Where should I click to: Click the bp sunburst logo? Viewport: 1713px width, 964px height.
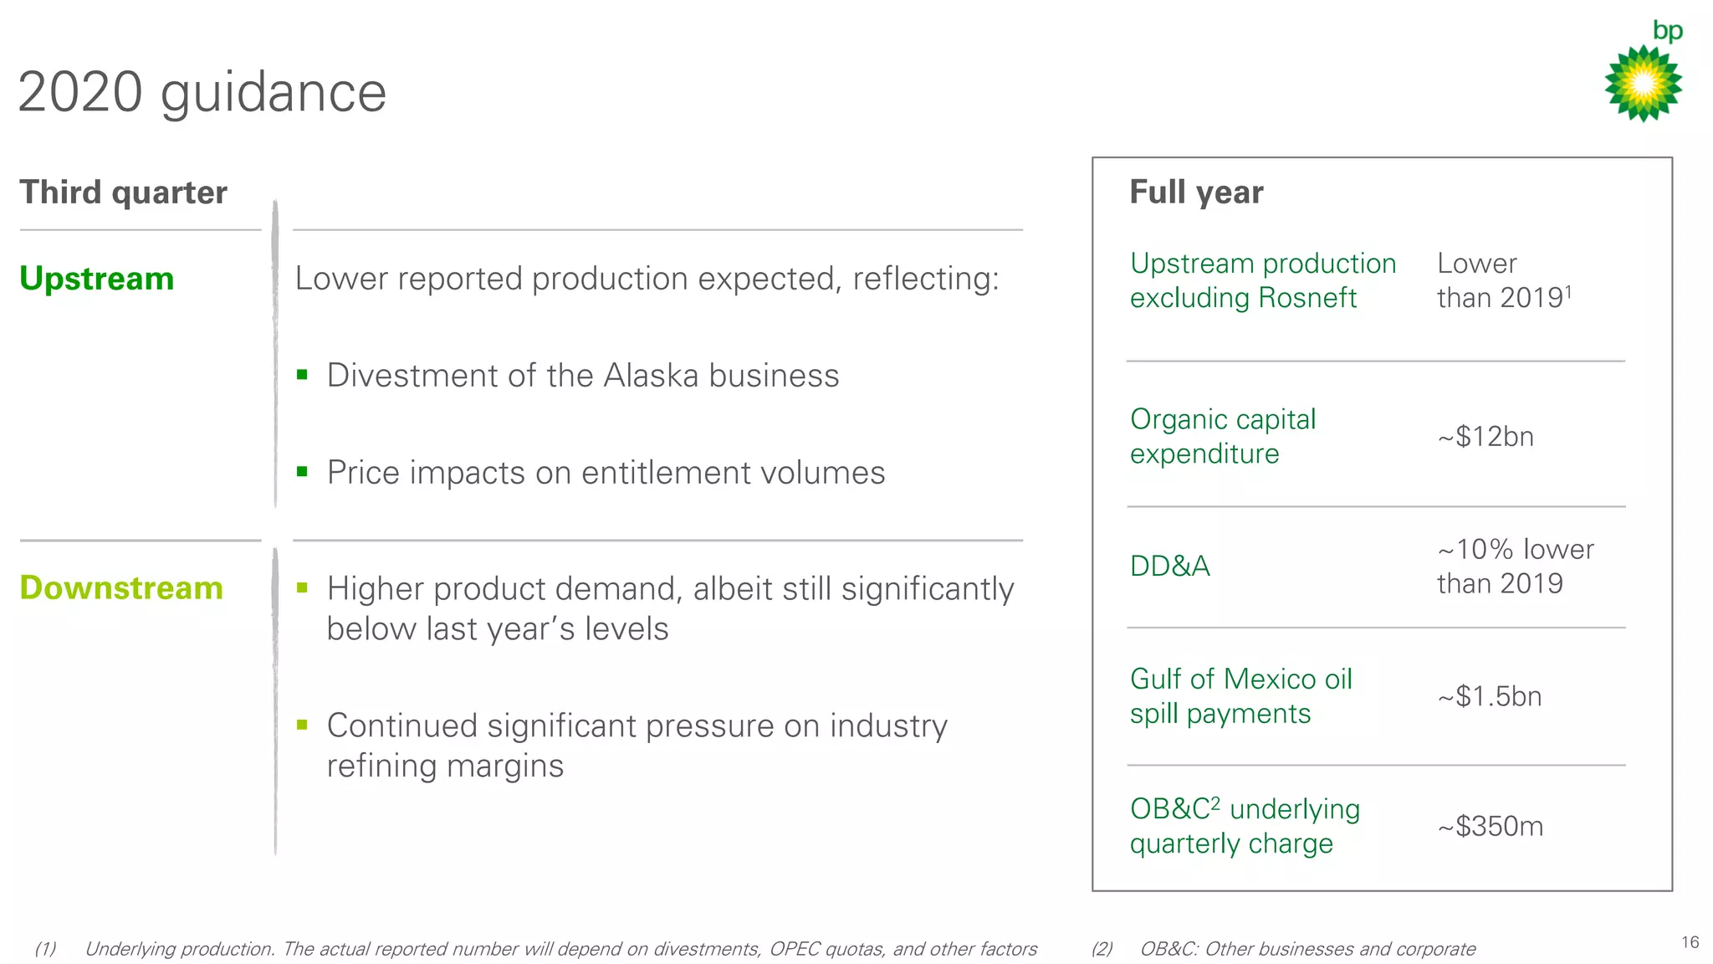pyautogui.click(x=1643, y=84)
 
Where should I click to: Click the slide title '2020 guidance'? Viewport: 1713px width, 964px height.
pyautogui.click(x=202, y=92)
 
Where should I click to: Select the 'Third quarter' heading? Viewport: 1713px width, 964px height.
pyautogui.click(x=123, y=192)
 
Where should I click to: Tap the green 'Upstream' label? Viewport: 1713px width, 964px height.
pyautogui.click(x=96, y=279)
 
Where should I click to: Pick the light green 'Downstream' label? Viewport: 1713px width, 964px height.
pyautogui.click(x=121, y=588)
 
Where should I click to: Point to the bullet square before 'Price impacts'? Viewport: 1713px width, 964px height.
pyautogui.click(x=303, y=471)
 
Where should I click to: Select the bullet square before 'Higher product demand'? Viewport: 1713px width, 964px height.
pyautogui.click(x=303, y=587)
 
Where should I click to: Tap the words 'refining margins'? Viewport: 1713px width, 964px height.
pyautogui.click(x=445, y=766)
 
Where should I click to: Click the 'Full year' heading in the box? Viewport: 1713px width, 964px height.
pyautogui.click(x=1196, y=192)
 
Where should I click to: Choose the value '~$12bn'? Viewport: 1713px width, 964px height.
pyautogui.click(x=1485, y=437)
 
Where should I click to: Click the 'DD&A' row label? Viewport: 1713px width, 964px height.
pyautogui.click(x=1169, y=567)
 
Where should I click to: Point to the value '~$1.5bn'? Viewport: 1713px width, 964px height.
pyautogui.click(x=1489, y=696)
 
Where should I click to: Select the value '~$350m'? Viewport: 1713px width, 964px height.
pyautogui.click(x=1490, y=827)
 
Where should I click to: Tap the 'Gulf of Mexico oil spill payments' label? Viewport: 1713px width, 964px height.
pyautogui.click(x=1240, y=696)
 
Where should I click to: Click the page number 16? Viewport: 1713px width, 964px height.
pyautogui.click(x=1690, y=942)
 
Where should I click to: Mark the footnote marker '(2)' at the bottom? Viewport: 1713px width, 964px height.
pyautogui.click(x=1102, y=949)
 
